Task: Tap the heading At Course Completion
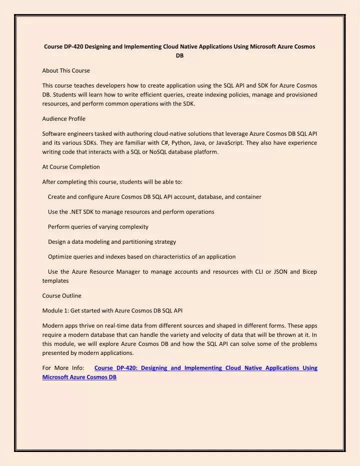point(70,167)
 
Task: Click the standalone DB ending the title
point(179,57)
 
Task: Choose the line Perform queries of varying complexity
point(98,227)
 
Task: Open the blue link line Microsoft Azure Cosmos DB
point(80,377)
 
